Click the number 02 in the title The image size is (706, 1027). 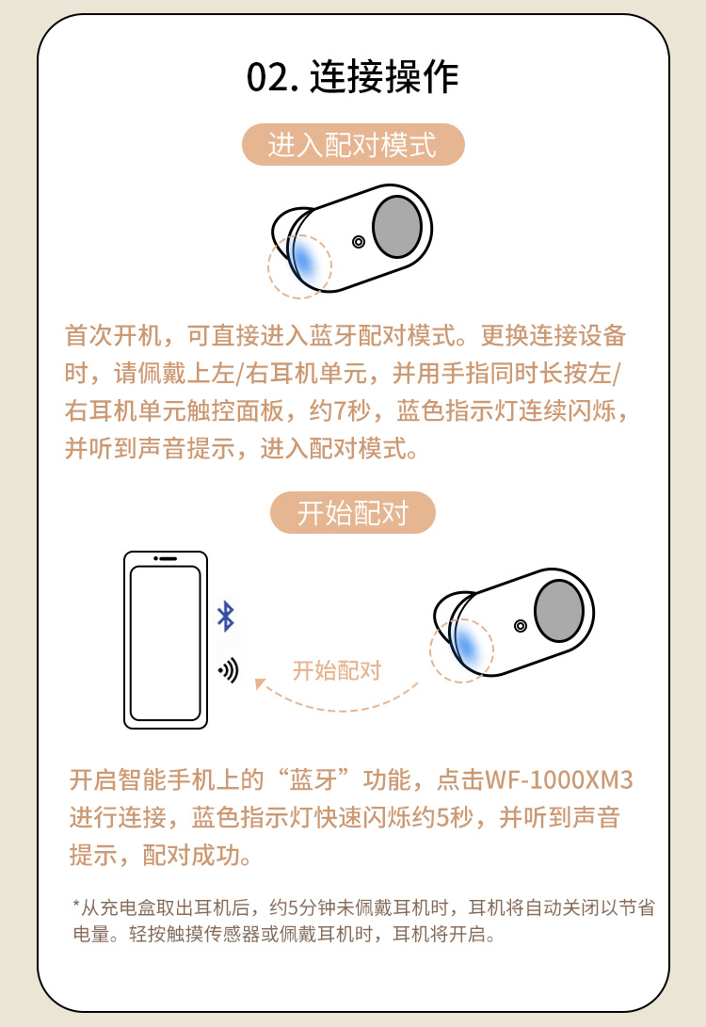point(267,78)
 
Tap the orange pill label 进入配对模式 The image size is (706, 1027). point(353,144)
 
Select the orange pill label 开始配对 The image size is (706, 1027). point(353,512)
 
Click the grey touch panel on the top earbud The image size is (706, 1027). point(397,227)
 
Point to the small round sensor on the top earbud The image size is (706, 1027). point(359,242)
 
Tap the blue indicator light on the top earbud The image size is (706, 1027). point(305,261)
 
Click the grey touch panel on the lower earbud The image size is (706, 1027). point(558,610)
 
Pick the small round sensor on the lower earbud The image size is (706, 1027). point(520,625)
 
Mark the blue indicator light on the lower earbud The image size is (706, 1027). point(467,645)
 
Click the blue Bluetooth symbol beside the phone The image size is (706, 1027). point(226,616)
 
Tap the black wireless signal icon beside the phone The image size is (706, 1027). point(229,670)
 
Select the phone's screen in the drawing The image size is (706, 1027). point(166,643)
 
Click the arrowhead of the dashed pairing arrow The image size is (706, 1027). point(260,683)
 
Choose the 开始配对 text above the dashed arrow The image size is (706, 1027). point(337,670)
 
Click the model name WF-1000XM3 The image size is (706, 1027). point(558,780)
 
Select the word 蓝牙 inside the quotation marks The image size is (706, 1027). point(313,780)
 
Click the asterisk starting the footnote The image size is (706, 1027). point(76,905)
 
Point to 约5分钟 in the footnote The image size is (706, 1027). point(302,907)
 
